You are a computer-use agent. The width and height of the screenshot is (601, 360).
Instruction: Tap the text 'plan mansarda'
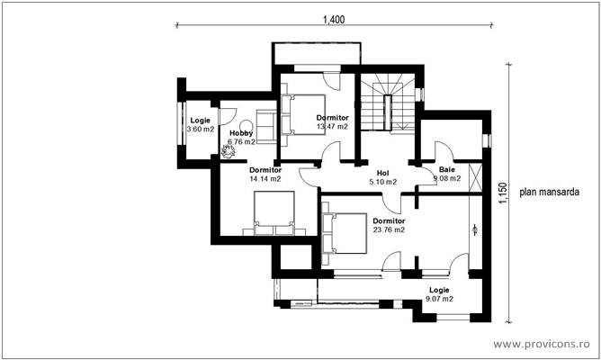(x=549, y=192)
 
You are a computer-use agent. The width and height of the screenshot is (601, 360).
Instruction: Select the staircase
(x=390, y=102)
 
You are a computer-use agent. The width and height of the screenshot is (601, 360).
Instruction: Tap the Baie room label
(x=446, y=169)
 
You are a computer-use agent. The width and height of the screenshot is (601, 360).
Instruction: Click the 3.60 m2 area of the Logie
(x=200, y=130)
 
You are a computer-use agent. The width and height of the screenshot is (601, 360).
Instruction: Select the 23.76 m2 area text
(x=389, y=229)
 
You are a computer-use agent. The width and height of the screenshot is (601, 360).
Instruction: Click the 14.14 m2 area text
(x=265, y=179)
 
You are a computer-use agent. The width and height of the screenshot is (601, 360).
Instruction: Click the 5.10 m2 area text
(x=382, y=180)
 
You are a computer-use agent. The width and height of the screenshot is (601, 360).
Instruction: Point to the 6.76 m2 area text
(x=241, y=141)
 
